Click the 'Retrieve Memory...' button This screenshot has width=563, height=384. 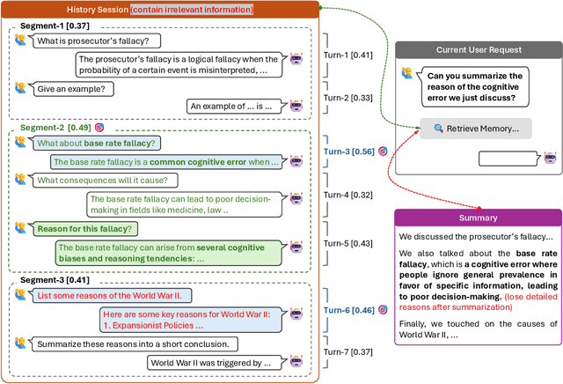(476, 129)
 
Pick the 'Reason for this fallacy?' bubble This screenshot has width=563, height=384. (84, 228)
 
